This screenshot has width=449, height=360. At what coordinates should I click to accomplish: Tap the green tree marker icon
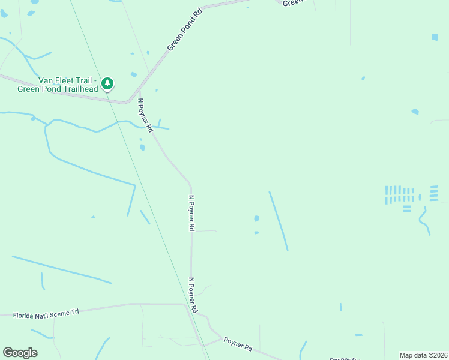(107, 83)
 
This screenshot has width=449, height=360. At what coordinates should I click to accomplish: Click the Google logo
(20, 353)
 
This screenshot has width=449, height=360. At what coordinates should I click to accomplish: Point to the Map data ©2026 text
(423, 355)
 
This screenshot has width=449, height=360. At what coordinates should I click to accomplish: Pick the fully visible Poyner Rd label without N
(238, 344)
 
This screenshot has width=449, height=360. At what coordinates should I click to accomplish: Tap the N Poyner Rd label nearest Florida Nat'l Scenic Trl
(193, 295)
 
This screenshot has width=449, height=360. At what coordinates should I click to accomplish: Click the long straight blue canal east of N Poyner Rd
(279, 221)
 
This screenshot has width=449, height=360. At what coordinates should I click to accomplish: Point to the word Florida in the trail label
(25, 314)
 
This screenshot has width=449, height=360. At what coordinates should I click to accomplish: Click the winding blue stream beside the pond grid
(424, 221)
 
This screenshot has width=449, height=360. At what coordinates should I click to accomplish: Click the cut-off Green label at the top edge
(291, 3)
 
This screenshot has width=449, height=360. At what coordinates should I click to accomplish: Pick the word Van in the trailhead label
(45, 80)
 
